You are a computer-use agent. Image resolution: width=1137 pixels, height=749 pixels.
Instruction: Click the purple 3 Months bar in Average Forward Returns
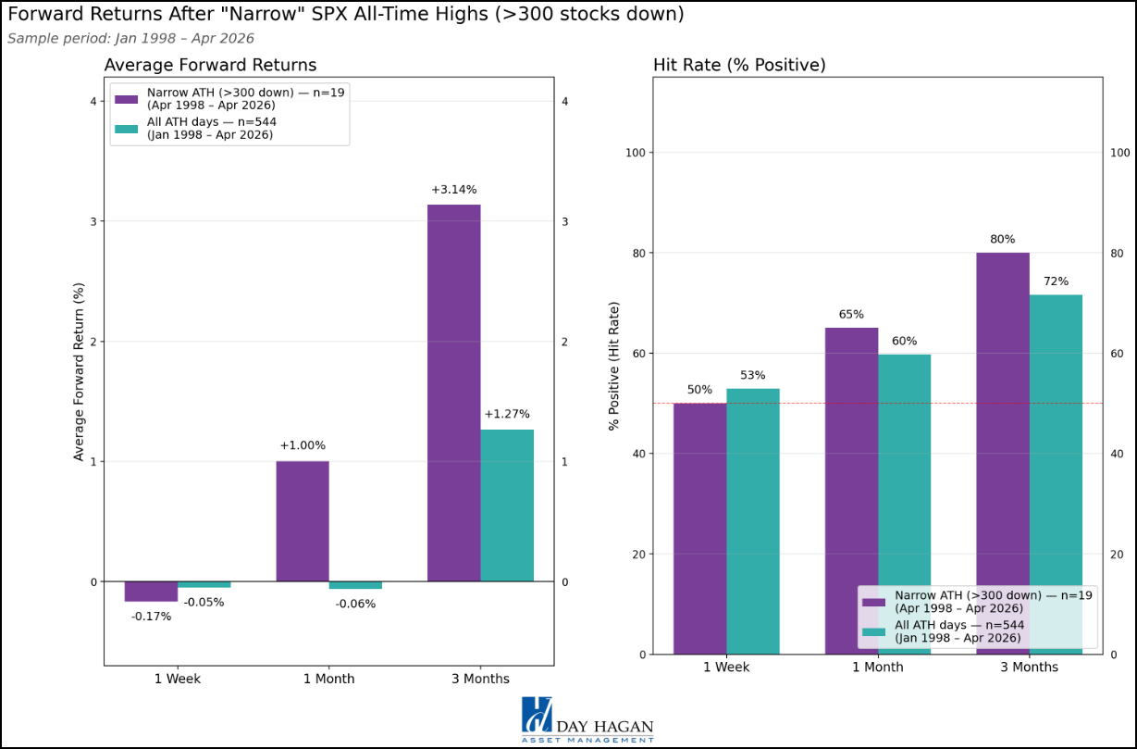453,393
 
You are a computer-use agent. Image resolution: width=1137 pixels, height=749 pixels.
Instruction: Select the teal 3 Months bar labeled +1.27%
507,506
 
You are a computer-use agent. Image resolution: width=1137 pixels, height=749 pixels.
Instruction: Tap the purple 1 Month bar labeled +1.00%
303,521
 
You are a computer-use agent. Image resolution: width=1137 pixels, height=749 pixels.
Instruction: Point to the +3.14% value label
453,190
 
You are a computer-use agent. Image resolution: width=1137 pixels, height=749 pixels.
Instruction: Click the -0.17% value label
151,617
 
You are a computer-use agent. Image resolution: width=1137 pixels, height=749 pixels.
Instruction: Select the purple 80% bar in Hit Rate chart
1003,454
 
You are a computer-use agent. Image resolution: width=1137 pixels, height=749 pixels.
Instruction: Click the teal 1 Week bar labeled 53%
752,521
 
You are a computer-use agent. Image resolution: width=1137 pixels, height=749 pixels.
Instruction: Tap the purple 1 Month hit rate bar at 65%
851,491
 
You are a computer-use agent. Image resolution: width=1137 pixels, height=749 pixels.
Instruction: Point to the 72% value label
1056,281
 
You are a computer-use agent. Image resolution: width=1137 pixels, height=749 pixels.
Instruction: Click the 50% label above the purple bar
699,390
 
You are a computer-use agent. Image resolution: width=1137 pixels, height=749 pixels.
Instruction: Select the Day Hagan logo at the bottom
587,719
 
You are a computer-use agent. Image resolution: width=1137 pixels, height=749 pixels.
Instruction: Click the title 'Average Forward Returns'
210,65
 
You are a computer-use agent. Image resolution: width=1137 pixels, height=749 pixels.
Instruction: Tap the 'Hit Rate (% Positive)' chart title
739,65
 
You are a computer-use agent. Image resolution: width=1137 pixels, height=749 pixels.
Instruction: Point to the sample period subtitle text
130,39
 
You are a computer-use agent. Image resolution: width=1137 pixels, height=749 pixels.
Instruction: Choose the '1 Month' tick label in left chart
328,679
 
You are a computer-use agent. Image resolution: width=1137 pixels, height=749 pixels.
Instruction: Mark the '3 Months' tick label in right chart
1029,668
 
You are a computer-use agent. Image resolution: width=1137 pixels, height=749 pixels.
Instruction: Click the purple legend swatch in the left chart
126,98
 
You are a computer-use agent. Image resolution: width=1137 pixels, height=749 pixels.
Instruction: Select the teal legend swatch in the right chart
875,631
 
